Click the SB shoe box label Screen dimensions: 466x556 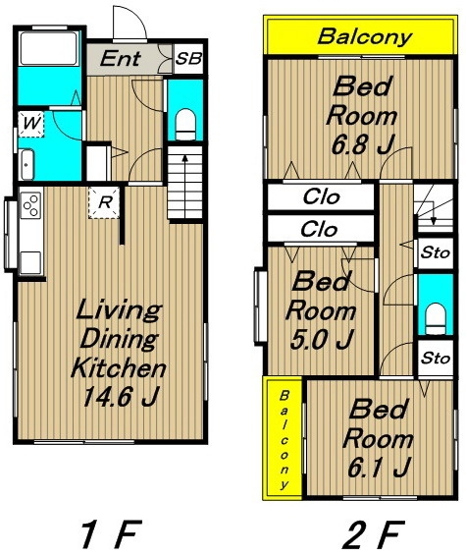[188, 59]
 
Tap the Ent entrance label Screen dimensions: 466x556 [121, 59]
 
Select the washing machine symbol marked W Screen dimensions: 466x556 [31, 124]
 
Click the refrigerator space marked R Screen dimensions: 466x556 [104, 202]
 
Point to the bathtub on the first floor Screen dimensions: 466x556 [48, 48]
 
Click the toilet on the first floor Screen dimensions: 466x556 [185, 125]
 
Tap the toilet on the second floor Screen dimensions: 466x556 [436, 319]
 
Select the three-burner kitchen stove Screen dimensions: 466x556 [31, 205]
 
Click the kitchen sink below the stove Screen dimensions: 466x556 [30, 262]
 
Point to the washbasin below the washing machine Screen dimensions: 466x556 [26, 165]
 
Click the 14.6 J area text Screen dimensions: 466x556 [120, 397]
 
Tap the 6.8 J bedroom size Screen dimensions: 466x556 [363, 144]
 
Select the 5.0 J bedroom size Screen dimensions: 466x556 [322, 339]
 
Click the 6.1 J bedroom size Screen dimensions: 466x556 [379, 467]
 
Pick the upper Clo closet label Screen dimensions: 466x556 [322, 196]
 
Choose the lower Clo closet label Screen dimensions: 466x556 [319, 230]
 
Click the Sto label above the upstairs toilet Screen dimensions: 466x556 [436, 253]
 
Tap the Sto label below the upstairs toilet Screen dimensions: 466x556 [436, 359]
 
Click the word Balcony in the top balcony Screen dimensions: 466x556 [364, 37]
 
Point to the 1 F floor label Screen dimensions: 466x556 [111, 533]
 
